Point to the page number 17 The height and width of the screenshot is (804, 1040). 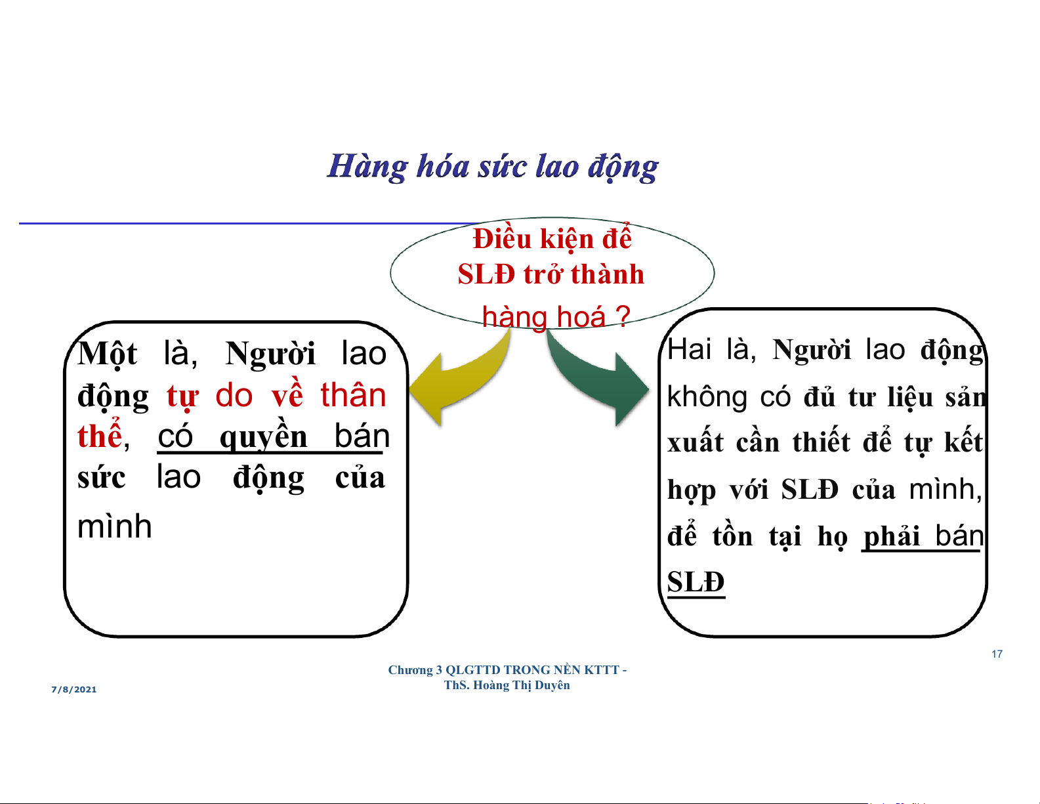point(997,654)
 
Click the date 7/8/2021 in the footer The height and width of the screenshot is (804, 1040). point(73,690)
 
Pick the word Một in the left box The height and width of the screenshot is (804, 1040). point(107,354)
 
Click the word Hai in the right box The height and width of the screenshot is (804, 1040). point(689,349)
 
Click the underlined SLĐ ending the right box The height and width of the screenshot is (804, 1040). point(696,582)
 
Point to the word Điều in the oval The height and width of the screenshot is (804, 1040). point(502,239)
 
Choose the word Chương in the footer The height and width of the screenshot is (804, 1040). point(410,671)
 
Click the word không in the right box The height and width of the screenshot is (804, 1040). point(707,397)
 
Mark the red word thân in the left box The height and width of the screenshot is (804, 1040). point(353,395)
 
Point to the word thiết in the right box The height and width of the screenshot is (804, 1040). point(822,442)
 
